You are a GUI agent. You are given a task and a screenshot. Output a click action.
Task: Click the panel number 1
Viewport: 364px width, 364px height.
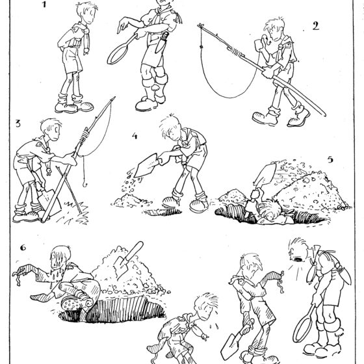(45, 5)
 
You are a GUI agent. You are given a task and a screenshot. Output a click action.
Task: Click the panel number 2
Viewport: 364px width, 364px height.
(315, 26)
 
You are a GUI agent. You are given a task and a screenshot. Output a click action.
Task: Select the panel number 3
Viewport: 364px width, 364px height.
(18, 123)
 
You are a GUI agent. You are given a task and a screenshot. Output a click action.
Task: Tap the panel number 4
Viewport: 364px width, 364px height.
(135, 136)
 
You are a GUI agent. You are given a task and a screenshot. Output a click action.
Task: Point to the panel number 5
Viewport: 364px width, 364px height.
(330, 159)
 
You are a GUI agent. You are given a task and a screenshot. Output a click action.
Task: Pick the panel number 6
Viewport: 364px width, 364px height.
(23, 248)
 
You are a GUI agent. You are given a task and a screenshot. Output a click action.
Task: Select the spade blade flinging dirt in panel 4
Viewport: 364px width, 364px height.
(146, 165)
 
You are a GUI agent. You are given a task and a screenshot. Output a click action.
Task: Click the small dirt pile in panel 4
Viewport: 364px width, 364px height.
(128, 201)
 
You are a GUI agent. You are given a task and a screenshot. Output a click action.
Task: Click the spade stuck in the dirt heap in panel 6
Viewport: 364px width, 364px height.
(128, 260)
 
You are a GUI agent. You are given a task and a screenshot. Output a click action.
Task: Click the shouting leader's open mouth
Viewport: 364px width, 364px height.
(298, 259)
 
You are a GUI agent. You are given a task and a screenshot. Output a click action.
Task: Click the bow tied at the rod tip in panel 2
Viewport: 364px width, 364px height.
(201, 25)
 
